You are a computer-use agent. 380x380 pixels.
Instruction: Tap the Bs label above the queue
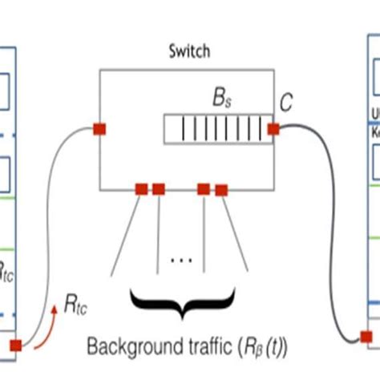[220, 101]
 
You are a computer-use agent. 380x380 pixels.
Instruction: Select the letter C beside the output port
[286, 103]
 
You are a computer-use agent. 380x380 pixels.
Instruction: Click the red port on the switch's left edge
[99, 129]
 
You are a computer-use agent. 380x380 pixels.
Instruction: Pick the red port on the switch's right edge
[273, 128]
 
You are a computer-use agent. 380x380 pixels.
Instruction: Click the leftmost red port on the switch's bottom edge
[141, 189]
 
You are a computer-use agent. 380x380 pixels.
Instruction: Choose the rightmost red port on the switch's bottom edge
[221, 190]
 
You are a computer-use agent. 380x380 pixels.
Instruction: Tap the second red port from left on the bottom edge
[159, 189]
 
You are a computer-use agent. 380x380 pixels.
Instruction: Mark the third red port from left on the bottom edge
[204, 189]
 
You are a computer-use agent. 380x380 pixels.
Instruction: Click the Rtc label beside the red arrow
[77, 305]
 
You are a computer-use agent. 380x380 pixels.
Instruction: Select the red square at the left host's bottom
[16, 346]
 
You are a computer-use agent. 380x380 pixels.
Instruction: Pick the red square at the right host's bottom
[366, 338]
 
